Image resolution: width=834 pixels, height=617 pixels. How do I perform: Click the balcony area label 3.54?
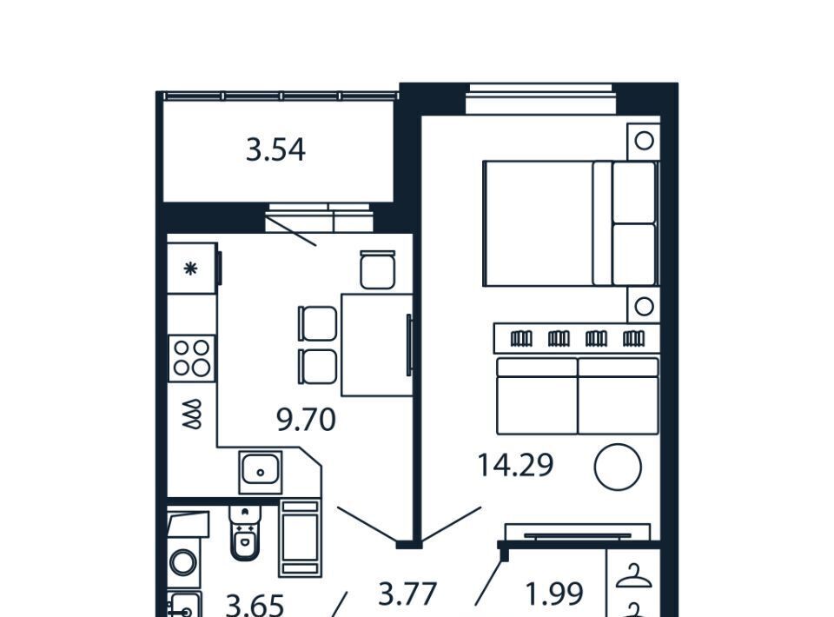coord(275,150)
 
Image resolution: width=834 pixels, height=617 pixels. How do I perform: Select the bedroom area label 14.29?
coord(515,465)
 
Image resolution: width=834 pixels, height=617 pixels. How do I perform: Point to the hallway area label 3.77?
coord(407,594)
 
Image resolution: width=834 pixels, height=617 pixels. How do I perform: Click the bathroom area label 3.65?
coord(255,606)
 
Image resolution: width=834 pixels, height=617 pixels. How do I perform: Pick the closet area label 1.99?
coord(554,594)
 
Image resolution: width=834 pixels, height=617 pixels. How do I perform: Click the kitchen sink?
coord(260,472)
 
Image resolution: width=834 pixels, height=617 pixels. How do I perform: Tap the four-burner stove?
coord(191,359)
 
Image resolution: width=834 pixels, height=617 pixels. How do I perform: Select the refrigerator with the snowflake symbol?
coord(192,268)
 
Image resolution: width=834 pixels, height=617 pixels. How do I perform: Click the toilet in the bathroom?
coord(245,532)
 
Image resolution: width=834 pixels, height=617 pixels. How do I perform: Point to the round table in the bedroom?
coord(618,467)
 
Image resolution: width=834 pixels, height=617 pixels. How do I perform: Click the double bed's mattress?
coord(539,223)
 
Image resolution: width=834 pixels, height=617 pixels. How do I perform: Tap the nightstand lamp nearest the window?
coord(644,141)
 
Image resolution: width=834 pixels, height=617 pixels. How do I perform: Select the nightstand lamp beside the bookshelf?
coord(644,307)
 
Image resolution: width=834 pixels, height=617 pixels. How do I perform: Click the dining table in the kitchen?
coord(377,345)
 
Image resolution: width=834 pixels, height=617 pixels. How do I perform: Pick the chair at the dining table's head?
coord(378,269)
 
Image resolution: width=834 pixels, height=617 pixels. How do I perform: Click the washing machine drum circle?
coord(183,562)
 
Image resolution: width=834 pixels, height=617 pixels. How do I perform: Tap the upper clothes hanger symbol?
coord(633,576)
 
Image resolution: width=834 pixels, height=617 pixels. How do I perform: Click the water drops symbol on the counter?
coord(192,414)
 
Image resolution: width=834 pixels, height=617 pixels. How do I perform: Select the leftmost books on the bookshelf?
coord(521,338)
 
